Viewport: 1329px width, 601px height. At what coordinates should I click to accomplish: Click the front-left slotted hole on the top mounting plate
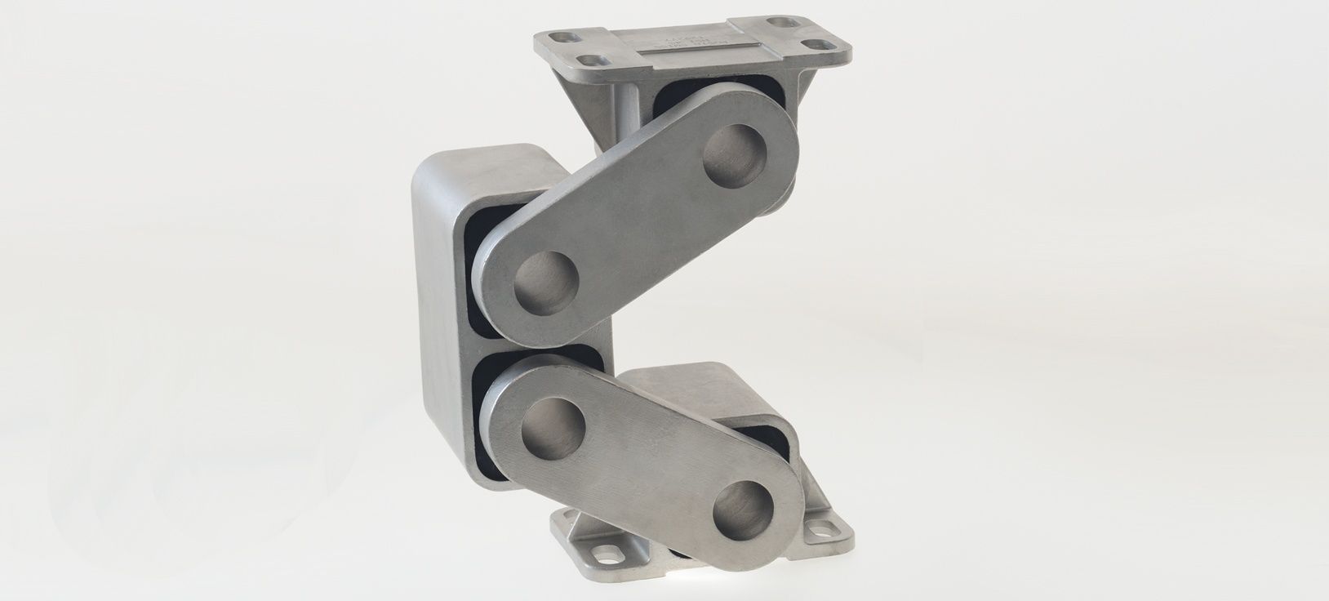click(587, 60)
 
